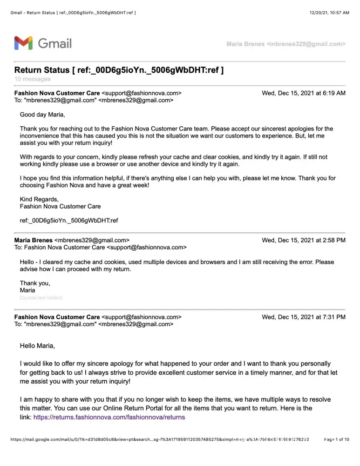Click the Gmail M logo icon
pyautogui.click(x=23, y=43)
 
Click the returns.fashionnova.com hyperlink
pyautogui.click(x=109, y=417)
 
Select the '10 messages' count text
pyautogui.click(x=33, y=79)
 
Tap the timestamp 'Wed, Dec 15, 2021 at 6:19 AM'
pyautogui.click(x=304, y=93)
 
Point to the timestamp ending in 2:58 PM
pyautogui.click(x=304, y=240)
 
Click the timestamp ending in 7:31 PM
pyautogui.click(x=304, y=317)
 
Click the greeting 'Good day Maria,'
pyautogui.click(x=42, y=115)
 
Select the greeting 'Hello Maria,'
pyautogui.click(x=37, y=346)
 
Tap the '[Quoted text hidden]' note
pyautogui.click(x=41, y=297)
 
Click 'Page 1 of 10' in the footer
pyautogui.click(x=336, y=439)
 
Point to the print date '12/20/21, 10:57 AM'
pyautogui.click(x=329, y=13)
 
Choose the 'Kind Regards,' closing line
pyautogui.click(x=39, y=199)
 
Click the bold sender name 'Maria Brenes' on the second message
pyautogui.click(x=34, y=240)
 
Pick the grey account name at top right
pyautogui.click(x=285, y=44)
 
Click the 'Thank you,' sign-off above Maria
pyautogui.click(x=35, y=283)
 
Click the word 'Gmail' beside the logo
pyautogui.click(x=54, y=43)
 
